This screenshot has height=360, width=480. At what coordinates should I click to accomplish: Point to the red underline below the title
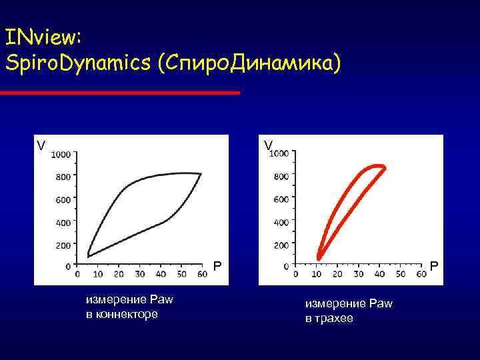[120, 93]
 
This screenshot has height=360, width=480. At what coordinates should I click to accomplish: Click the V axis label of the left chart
[41, 145]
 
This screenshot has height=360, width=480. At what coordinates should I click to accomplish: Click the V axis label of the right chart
[267, 145]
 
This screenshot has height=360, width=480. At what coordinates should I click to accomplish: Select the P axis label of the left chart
[217, 267]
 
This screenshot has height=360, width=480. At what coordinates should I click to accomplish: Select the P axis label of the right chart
[434, 267]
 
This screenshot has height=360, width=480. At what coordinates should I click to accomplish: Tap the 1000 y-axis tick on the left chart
[61, 155]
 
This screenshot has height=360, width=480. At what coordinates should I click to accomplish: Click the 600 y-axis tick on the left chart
[63, 200]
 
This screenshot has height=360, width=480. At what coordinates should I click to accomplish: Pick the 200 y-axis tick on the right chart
[281, 245]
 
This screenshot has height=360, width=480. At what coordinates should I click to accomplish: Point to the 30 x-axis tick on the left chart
[139, 274]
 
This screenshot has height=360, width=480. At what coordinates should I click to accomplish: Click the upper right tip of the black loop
[201, 173]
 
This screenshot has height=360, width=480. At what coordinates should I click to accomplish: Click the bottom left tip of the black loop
[89, 255]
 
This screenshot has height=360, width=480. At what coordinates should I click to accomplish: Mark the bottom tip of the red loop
[319, 258]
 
